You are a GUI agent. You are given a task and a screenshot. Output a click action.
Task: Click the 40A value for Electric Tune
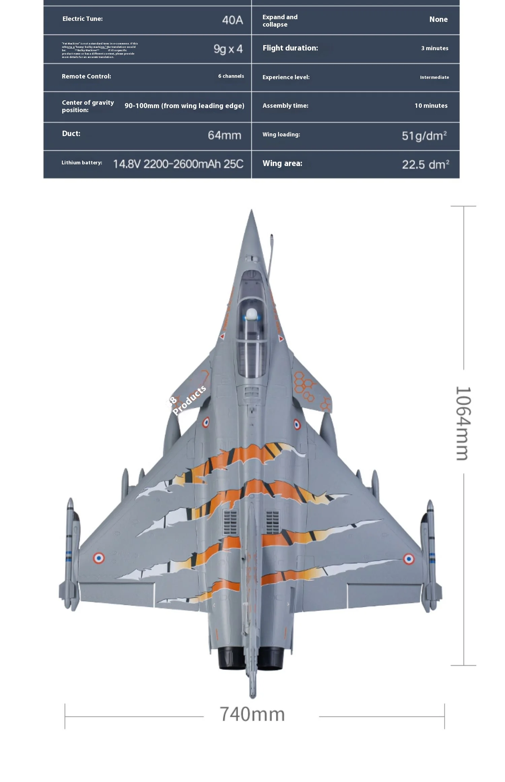click(x=232, y=20)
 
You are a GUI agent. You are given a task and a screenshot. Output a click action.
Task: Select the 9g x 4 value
click(x=228, y=49)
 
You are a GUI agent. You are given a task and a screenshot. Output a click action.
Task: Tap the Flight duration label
click(x=290, y=48)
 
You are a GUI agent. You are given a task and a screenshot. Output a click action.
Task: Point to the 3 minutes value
click(x=435, y=48)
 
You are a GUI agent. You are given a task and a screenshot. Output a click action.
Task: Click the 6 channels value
click(x=231, y=76)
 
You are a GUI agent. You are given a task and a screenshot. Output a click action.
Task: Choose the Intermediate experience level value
click(x=434, y=77)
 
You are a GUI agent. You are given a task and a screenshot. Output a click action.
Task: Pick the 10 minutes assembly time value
click(x=431, y=106)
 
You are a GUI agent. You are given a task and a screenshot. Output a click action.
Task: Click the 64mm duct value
click(x=225, y=135)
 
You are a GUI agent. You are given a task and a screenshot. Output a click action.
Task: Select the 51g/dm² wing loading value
click(x=424, y=136)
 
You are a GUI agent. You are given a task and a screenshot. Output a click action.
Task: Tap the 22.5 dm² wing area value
click(x=426, y=164)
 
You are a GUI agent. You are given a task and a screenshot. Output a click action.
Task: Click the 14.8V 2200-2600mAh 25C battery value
click(x=178, y=164)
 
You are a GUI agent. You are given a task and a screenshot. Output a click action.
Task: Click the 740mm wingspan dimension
click(x=252, y=714)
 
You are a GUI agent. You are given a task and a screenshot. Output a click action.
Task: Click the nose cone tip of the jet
click(x=251, y=212)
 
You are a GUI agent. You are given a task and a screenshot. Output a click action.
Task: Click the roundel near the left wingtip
click(x=99, y=558)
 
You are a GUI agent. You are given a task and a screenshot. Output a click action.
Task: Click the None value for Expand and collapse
click(x=438, y=20)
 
